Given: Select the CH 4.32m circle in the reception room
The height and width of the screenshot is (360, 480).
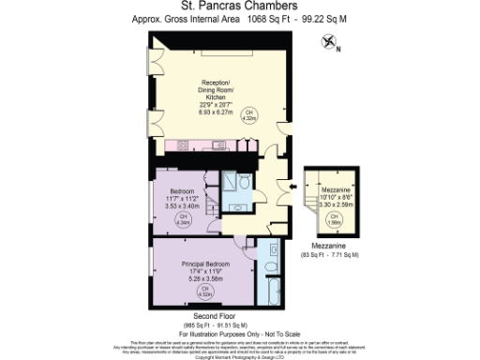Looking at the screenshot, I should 276,116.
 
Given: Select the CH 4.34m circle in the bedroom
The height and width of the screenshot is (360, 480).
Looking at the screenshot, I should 184,219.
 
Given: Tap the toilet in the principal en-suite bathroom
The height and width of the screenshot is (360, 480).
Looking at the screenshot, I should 271,251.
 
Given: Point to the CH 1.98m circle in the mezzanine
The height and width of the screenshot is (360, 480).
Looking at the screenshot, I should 333,220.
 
